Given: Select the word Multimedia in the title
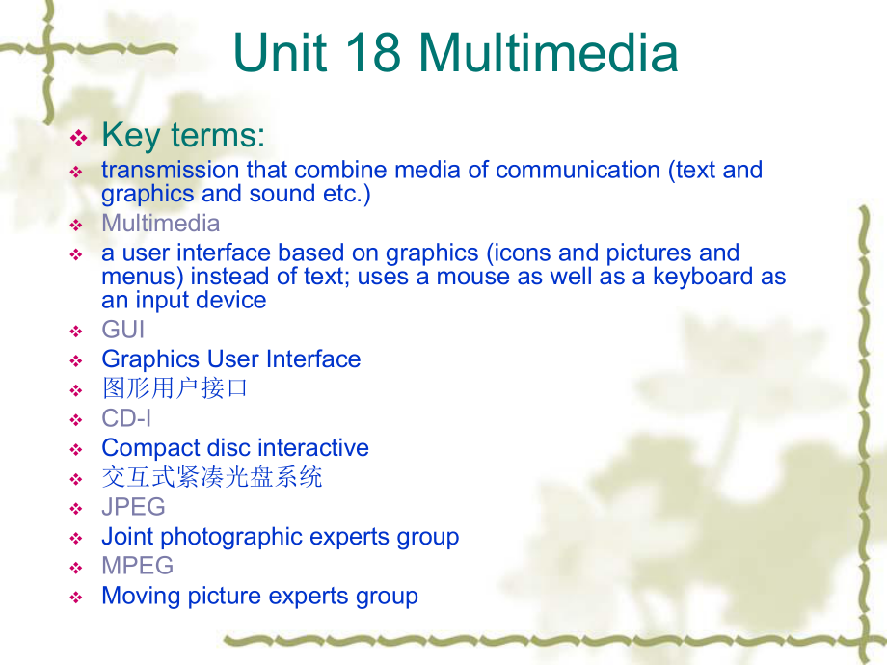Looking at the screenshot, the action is (x=549, y=52).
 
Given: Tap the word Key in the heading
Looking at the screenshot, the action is (x=131, y=136).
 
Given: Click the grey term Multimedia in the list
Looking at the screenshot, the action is (x=161, y=224).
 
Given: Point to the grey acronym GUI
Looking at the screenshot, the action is (x=123, y=330).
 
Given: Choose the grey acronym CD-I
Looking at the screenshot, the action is (x=126, y=418).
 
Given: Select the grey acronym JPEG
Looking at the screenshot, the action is (x=133, y=507).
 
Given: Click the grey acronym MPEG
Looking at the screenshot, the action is (x=138, y=566).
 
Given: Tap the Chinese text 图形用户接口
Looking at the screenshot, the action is (x=175, y=388).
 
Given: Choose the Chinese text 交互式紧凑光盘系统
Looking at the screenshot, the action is (x=212, y=477).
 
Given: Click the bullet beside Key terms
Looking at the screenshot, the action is (x=79, y=138).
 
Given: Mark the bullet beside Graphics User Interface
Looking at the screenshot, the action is (x=76, y=360).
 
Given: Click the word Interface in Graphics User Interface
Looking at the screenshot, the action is (x=313, y=359).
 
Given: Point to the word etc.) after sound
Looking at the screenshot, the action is (x=347, y=194).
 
